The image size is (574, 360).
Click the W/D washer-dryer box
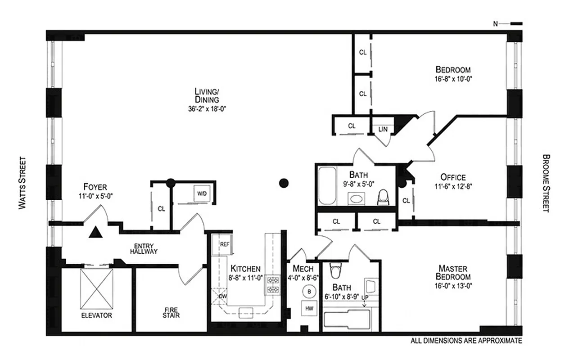[x=201, y=193]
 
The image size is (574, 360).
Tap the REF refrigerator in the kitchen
[x=225, y=244]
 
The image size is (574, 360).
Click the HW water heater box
[x=309, y=309]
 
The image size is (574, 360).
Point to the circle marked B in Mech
[x=309, y=291]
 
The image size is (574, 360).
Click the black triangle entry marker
[x=95, y=232]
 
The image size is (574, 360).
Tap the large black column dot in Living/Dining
[x=283, y=183]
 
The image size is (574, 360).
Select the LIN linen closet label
[x=383, y=129]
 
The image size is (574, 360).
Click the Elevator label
[x=96, y=315]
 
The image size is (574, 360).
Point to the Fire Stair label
[x=171, y=312]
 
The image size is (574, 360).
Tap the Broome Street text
[x=546, y=183]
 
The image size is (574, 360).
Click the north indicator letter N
[x=495, y=23]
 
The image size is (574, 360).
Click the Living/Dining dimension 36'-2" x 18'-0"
[x=207, y=108]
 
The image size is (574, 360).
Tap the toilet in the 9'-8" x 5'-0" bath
[x=383, y=197]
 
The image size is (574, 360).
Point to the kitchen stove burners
[x=273, y=284]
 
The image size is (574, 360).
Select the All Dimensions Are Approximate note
[x=466, y=341]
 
